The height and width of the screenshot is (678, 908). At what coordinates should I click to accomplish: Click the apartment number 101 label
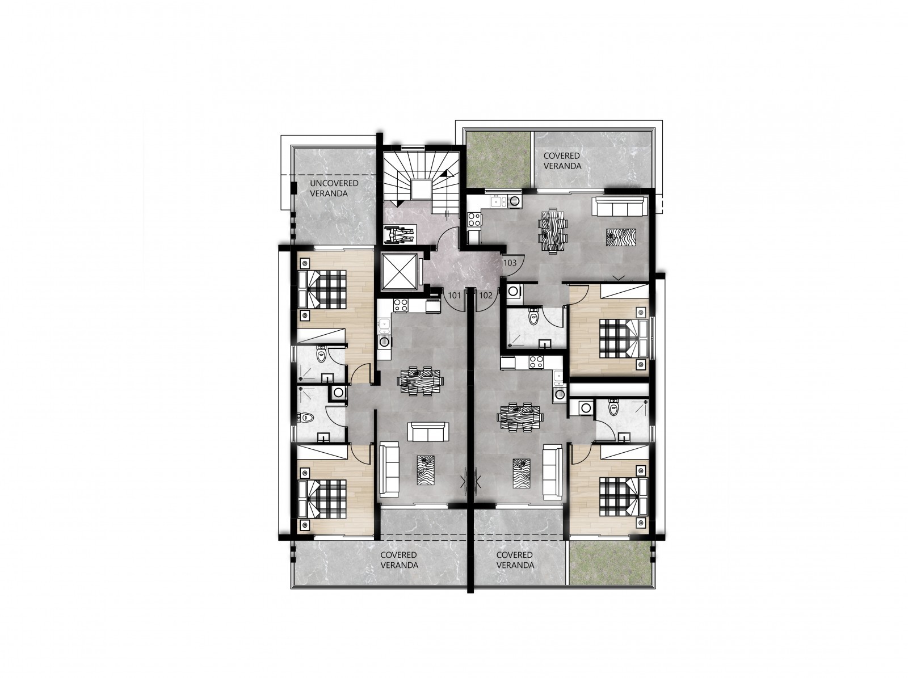[455, 296]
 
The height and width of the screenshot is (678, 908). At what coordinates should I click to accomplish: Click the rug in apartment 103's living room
[620, 238]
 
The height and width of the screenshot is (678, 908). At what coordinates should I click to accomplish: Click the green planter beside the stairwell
[498, 159]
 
